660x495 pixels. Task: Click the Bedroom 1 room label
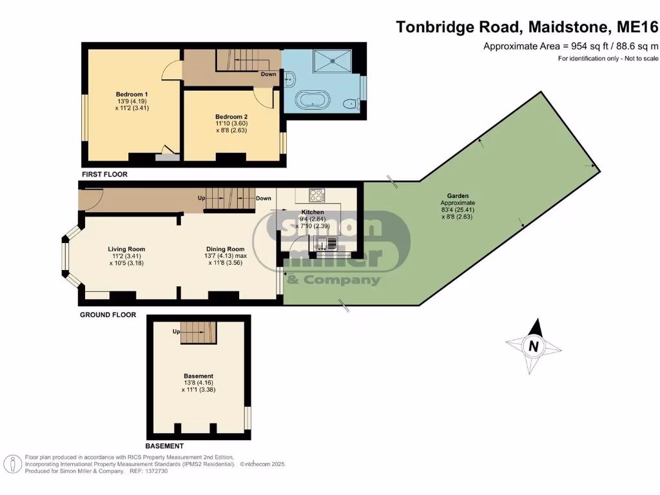[128, 94]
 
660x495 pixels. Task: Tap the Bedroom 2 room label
[231, 117]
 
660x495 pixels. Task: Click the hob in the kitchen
[316, 195]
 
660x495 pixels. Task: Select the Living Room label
[126, 249]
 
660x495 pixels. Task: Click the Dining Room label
[226, 249]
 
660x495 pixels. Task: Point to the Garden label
[458, 195]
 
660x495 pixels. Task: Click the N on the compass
[533, 345]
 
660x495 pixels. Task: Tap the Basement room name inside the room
[198, 376]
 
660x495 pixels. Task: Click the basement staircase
[197, 333]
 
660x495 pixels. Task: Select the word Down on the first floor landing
[268, 74]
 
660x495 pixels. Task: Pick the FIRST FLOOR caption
[104, 174]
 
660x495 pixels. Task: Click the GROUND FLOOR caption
[108, 315]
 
